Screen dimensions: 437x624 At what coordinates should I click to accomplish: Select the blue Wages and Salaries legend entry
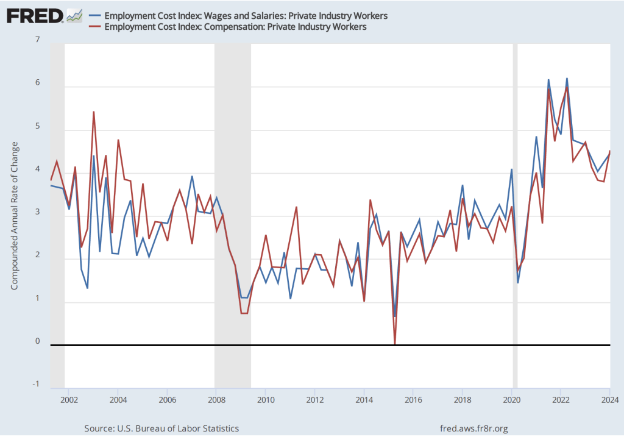pyautogui.click(x=238, y=15)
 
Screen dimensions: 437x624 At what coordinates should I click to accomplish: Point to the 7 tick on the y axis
pyautogui.click(x=37, y=40)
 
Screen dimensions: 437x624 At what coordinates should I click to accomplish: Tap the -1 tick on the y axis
pyautogui.click(x=36, y=384)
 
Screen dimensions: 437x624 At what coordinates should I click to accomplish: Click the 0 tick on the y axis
pyautogui.click(x=37, y=341)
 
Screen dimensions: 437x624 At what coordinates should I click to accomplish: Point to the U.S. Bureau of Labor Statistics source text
pyautogui.click(x=161, y=428)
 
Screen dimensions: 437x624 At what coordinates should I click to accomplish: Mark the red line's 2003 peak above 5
pyautogui.click(x=93, y=112)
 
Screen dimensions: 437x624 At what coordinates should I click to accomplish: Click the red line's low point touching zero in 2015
pyautogui.click(x=395, y=344)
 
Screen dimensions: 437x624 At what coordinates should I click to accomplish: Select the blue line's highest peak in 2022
pyautogui.click(x=567, y=79)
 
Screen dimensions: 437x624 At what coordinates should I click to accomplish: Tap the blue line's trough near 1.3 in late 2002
pyautogui.click(x=87, y=288)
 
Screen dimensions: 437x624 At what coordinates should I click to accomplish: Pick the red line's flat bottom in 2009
pyautogui.click(x=244, y=313)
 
